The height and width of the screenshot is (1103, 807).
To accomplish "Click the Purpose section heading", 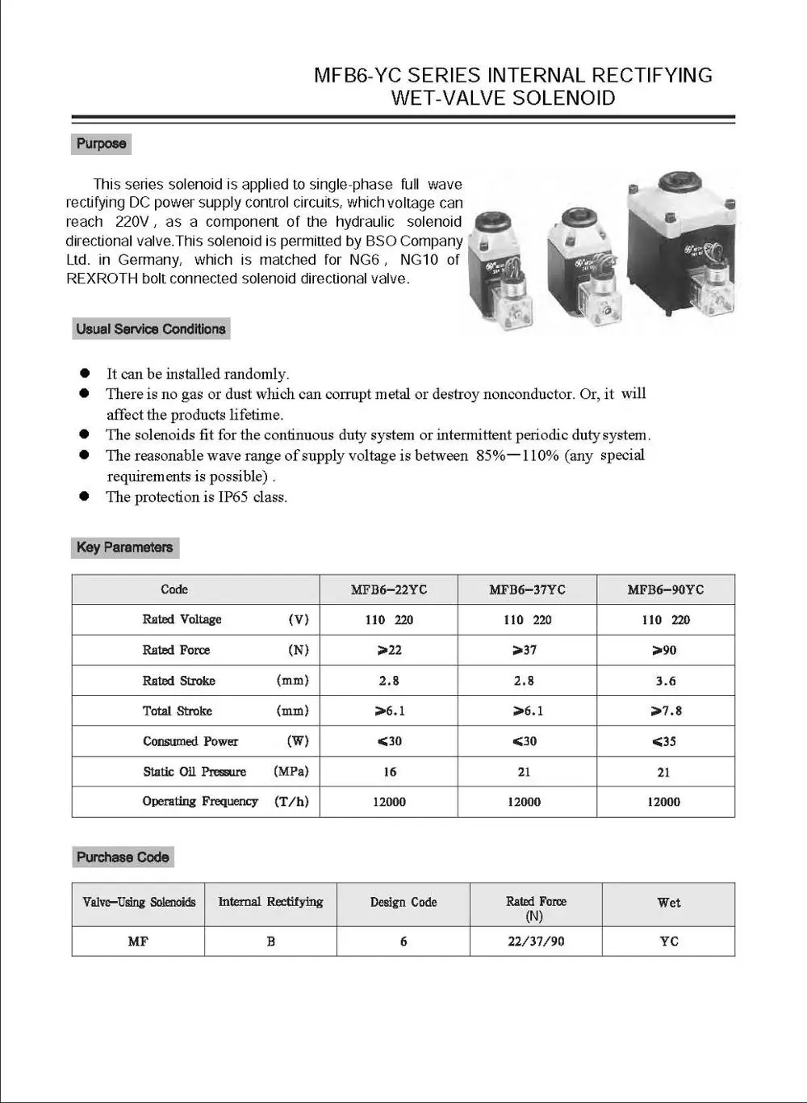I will pyautogui.click(x=101, y=144).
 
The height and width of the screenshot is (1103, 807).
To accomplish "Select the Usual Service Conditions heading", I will pyautogui.click(x=150, y=329).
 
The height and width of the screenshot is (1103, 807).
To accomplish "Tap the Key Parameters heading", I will pyautogui.click(x=124, y=547).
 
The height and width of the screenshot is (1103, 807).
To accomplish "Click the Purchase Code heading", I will pyautogui.click(x=123, y=858).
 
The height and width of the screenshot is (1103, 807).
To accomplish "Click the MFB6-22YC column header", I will pyautogui.click(x=389, y=590).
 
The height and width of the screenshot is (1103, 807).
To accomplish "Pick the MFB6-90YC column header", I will pyautogui.click(x=665, y=590).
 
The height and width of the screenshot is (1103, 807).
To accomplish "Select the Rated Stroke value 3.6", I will pyautogui.click(x=666, y=682).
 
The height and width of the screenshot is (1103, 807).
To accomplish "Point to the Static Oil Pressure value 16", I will pyautogui.click(x=390, y=772).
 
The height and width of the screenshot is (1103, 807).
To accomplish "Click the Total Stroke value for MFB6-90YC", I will pyautogui.click(x=666, y=711).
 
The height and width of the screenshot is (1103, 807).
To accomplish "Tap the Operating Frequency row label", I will pyautogui.click(x=200, y=802).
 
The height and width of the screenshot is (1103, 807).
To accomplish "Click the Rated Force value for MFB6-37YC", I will pyautogui.click(x=525, y=651).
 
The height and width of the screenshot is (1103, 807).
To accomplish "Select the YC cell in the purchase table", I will pyautogui.click(x=668, y=942).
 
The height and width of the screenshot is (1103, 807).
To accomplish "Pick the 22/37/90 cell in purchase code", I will pyautogui.click(x=536, y=942).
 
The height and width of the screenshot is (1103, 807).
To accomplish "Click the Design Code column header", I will pyautogui.click(x=403, y=903).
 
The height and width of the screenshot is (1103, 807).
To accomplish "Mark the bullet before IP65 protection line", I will pyautogui.click(x=84, y=497).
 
